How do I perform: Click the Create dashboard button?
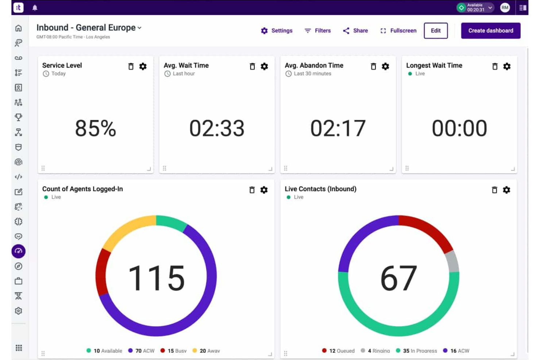click(x=490, y=31)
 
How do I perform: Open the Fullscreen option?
click(x=398, y=31)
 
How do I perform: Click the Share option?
click(x=355, y=31)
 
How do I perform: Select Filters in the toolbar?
click(x=318, y=31)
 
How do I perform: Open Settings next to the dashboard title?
click(x=277, y=31)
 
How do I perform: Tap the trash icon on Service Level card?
click(x=131, y=66)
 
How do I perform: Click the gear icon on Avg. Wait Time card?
click(x=264, y=66)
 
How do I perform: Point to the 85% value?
click(x=96, y=128)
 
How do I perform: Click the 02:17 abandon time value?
click(x=338, y=128)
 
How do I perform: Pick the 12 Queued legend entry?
click(x=338, y=351)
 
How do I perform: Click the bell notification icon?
click(x=35, y=8)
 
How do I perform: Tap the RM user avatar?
click(x=505, y=8)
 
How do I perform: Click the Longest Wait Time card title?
click(x=434, y=65)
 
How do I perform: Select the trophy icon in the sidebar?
click(x=19, y=117)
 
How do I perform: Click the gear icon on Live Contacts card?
click(x=506, y=190)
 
